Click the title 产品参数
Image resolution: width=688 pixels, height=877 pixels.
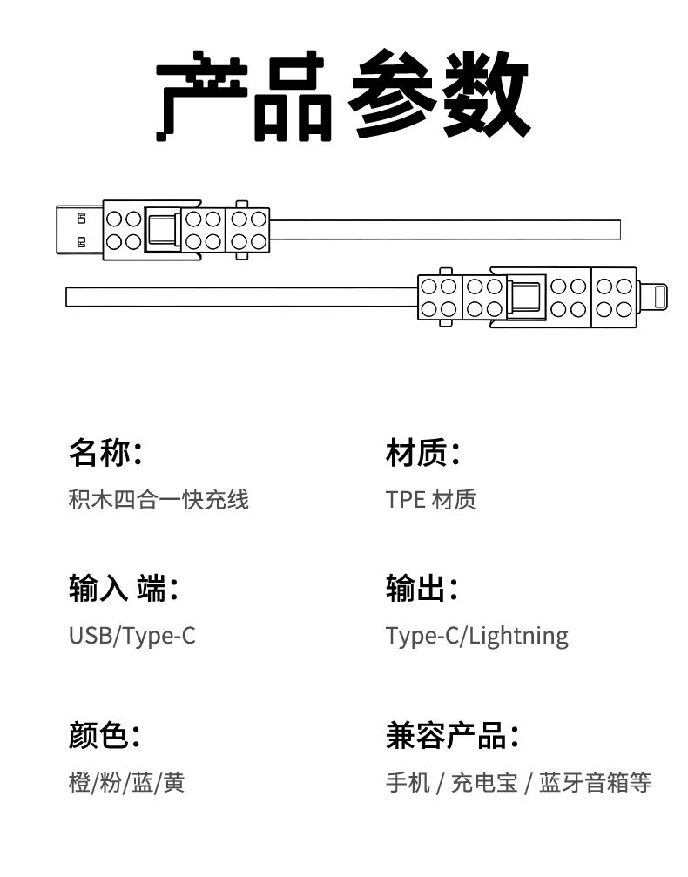(343, 97)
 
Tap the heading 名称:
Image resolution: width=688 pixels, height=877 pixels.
(105, 453)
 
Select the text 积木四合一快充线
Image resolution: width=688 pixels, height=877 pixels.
(159, 499)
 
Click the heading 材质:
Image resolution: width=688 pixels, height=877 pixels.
(422, 453)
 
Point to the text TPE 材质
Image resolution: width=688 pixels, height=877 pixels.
(431, 499)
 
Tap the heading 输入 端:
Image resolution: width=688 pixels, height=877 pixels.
(123, 589)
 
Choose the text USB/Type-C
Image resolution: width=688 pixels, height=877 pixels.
(132, 636)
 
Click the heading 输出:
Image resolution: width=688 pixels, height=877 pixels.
(422, 589)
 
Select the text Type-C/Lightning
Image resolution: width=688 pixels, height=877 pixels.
(477, 637)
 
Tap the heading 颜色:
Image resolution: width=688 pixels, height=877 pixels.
(105, 736)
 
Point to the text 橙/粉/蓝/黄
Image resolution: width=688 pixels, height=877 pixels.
(127, 782)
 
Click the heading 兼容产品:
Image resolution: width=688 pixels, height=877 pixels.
(452, 736)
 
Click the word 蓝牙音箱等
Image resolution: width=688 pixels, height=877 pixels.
(595, 782)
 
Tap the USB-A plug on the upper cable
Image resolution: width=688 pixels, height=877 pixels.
(79, 230)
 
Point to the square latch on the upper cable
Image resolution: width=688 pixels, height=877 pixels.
(162, 230)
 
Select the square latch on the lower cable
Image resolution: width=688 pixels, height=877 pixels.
(525, 297)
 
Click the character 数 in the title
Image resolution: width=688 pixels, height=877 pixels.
(487, 97)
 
